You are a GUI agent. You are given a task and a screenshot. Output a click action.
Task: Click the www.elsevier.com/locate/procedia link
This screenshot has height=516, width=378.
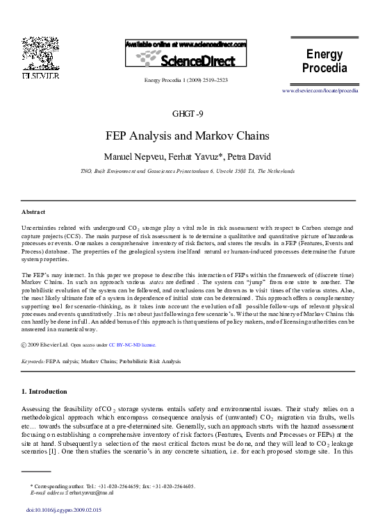[x=320, y=91]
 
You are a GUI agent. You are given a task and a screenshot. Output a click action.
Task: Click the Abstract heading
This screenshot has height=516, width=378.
[x=33, y=211]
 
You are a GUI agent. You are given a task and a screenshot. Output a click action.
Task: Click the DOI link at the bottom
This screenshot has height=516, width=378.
[x=63, y=510]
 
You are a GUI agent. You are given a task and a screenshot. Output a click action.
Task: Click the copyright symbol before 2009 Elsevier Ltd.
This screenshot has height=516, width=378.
[x=25, y=344]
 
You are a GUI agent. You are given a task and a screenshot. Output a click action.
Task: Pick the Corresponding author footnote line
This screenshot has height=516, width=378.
[x=111, y=486]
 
